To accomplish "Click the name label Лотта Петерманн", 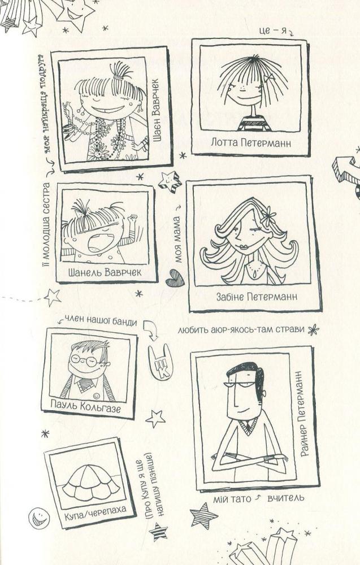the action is click(x=251, y=143).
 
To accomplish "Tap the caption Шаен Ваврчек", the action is click(x=156, y=111).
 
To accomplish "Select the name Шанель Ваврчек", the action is click(x=105, y=272).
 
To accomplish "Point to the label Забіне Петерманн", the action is click(x=257, y=297).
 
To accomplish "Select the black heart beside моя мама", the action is click(x=175, y=278).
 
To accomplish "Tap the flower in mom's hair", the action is click(x=268, y=216).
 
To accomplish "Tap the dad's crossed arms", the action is click(x=249, y=458).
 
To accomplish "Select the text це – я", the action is click(x=273, y=31).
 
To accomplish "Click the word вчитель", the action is click(x=286, y=498).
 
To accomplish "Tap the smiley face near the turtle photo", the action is click(x=39, y=518).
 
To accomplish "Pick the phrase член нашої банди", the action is click(x=101, y=321).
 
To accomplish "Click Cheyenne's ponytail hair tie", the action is click(x=118, y=77).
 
